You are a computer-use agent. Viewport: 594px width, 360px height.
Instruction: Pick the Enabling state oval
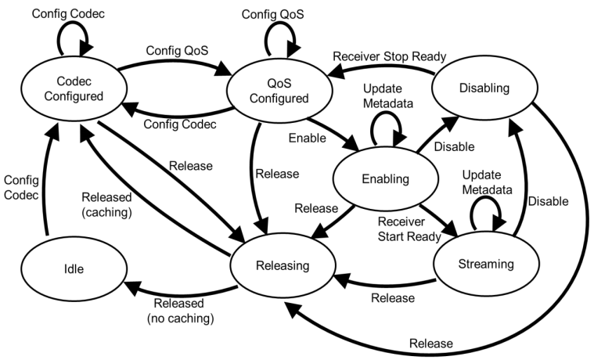[x=387, y=179]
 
